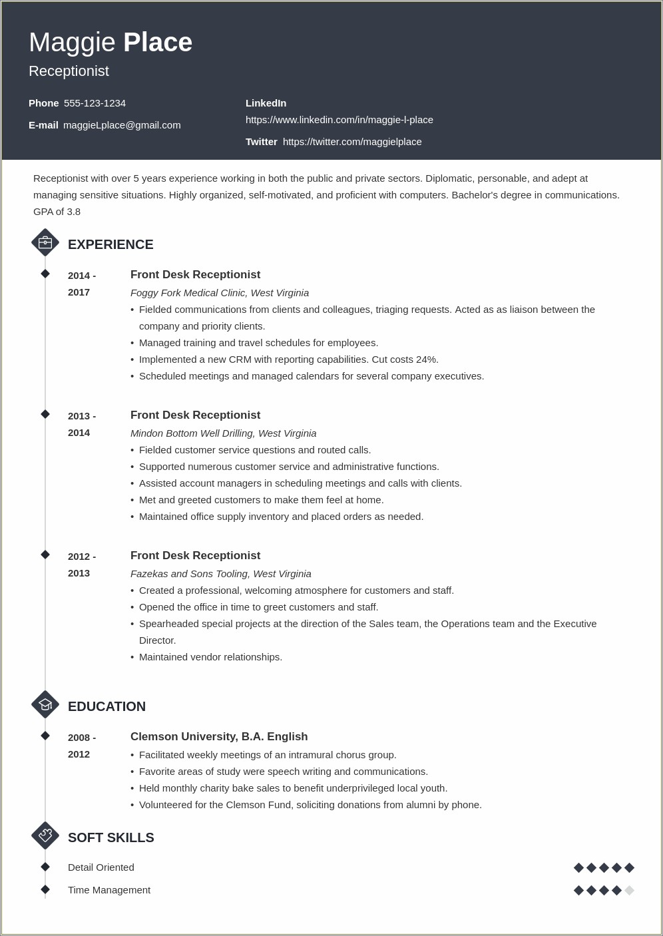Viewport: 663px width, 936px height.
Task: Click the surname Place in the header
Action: pos(158,43)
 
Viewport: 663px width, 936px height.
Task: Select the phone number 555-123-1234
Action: pos(95,103)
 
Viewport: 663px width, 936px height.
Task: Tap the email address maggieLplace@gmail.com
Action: pos(122,125)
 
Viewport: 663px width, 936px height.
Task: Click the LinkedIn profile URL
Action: pos(339,120)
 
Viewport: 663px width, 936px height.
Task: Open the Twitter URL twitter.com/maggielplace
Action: pos(352,142)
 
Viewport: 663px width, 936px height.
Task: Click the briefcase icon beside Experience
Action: pos(45,243)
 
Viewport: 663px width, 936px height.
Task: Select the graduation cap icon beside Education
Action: pos(45,705)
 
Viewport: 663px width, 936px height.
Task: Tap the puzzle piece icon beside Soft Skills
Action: pos(45,836)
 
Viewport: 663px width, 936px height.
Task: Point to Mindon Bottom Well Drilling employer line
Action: pos(223,433)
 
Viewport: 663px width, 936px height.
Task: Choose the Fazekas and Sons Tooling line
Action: pos(220,574)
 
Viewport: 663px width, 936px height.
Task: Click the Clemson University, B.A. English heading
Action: pos(219,737)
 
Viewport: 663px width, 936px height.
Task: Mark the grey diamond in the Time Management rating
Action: pos(629,890)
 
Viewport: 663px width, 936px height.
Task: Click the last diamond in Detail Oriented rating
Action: pos(629,867)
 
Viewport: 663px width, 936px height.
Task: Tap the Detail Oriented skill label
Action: pos(101,867)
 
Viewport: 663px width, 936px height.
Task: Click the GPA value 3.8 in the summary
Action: pos(73,212)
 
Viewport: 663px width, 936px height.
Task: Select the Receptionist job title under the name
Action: pos(69,71)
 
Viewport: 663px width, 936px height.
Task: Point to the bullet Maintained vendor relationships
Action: pos(210,657)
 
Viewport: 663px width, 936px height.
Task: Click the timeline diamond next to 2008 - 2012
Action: pos(45,736)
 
